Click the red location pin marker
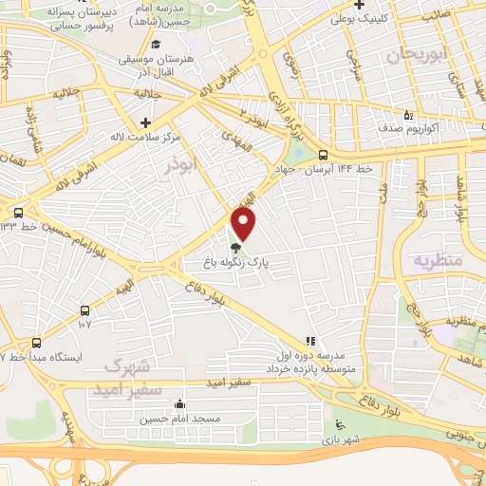tap(245, 225)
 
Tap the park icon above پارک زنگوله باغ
tap(235, 247)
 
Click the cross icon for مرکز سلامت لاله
tap(144, 122)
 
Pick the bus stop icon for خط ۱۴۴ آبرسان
tap(324, 155)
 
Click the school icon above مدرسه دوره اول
tap(308, 340)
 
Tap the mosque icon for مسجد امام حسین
tap(180, 405)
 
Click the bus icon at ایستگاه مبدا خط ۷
tap(36, 342)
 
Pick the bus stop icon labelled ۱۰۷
tap(86, 309)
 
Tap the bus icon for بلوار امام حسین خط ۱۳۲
tap(18, 213)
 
